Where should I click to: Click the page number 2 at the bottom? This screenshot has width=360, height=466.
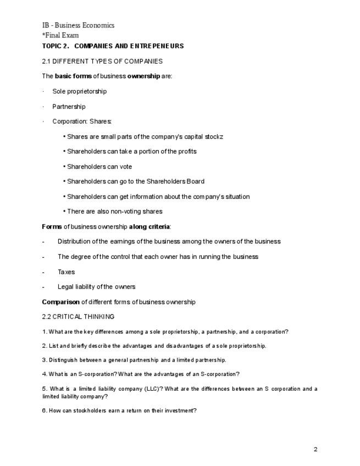[x=315, y=450]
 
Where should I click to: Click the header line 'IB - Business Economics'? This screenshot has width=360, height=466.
[x=78, y=25]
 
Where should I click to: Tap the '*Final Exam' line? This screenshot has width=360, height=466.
[x=60, y=35]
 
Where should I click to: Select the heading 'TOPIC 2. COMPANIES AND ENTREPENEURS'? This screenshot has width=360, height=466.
[x=113, y=46]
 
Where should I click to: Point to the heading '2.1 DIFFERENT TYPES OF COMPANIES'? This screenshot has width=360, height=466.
[x=102, y=61]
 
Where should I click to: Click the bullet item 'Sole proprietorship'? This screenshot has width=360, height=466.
[x=79, y=91]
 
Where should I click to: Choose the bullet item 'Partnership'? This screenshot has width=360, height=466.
[x=69, y=107]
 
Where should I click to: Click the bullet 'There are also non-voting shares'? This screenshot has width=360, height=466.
[x=114, y=212]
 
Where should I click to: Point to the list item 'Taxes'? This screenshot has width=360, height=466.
[x=66, y=272]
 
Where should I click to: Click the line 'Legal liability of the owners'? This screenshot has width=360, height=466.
[x=96, y=287]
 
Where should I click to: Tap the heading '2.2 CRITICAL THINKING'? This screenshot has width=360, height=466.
[x=78, y=317]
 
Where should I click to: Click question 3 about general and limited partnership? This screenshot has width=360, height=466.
[x=134, y=360]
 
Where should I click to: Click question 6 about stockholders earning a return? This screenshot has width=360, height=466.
[x=119, y=410]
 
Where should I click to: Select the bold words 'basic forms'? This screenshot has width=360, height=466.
[x=73, y=76]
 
